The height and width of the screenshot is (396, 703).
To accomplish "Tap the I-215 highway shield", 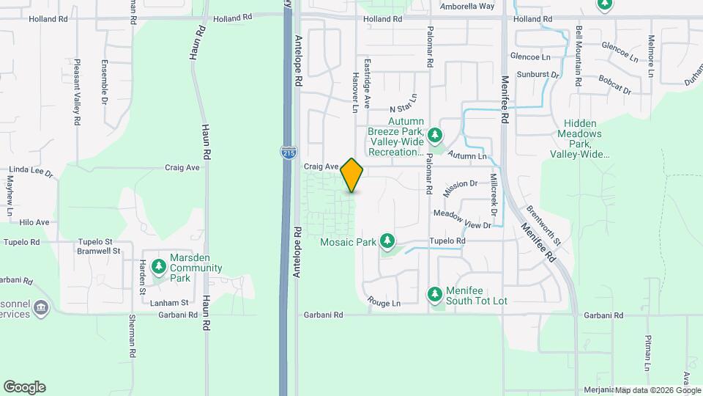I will (288, 153).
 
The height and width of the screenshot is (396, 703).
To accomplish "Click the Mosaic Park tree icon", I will (387, 241).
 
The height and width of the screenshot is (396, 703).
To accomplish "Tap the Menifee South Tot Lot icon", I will (435, 294).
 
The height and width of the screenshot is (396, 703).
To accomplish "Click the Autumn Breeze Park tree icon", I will (436, 135).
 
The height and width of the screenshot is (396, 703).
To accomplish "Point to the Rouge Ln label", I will (384, 303).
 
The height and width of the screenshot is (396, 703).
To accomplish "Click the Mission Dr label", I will (460, 188).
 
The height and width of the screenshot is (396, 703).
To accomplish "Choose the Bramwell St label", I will (99, 251).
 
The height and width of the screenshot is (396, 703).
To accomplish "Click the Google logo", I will (24, 386).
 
